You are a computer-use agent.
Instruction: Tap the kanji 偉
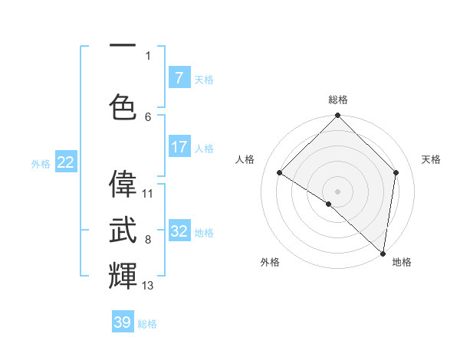pyautogui.click(x=123, y=184)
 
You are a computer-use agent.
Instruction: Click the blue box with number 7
pyautogui.click(x=179, y=78)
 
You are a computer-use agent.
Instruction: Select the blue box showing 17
pyautogui.click(x=179, y=147)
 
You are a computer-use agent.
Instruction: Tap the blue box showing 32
pyautogui.click(x=179, y=231)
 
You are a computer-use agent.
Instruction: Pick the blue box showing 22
pyautogui.click(x=65, y=162)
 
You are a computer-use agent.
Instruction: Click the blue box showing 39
pyautogui.click(x=123, y=322)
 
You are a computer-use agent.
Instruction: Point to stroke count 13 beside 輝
pyautogui.click(x=148, y=286)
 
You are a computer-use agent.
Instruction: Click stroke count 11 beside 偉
pyautogui.click(x=148, y=193)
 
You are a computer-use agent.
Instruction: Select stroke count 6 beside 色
pyautogui.click(x=148, y=116)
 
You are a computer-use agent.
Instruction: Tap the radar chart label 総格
pyautogui.click(x=337, y=100)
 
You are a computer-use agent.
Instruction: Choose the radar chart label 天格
pyautogui.click(x=431, y=159)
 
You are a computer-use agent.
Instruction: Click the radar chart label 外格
pyautogui.click(x=270, y=262)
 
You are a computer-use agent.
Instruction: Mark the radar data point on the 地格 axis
pyautogui.click(x=383, y=254)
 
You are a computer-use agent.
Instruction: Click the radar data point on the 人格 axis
pyautogui.click(x=280, y=172)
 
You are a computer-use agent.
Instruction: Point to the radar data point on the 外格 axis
pyautogui.click(x=329, y=204)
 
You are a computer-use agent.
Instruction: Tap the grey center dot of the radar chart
pyautogui.click(x=337, y=191)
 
